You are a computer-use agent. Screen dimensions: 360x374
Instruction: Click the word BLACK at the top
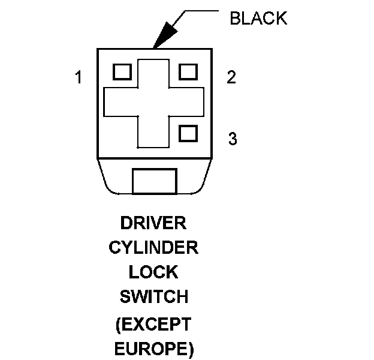258,19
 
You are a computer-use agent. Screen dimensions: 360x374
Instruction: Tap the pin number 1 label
79,78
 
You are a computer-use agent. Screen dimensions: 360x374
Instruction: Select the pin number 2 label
231,77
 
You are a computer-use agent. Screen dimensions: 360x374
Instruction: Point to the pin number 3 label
233,139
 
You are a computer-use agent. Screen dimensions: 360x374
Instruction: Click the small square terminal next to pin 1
122,71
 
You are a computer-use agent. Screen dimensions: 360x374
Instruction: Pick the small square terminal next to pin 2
188,71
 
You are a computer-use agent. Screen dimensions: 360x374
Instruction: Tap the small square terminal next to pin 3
188,133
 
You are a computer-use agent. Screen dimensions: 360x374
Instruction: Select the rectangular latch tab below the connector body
154,181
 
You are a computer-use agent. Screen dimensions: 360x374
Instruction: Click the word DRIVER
153,223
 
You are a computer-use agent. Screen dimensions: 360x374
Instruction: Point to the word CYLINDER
153,247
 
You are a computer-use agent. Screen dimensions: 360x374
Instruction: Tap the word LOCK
153,272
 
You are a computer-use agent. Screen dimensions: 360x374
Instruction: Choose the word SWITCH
153,296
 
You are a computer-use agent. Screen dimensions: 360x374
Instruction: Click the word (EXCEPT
153,325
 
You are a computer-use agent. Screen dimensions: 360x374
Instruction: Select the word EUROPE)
153,349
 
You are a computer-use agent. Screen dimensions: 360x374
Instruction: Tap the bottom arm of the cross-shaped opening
154,131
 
